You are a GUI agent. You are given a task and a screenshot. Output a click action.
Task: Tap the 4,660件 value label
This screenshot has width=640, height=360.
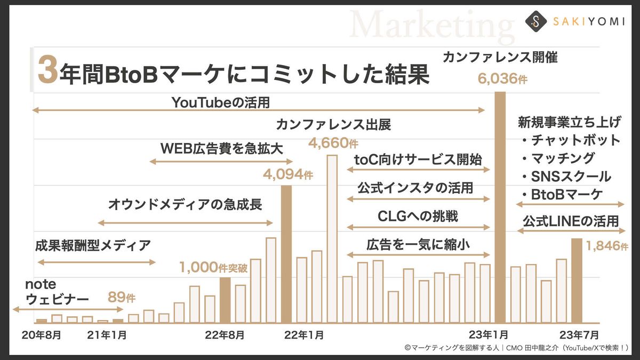pyautogui.click(x=334, y=143)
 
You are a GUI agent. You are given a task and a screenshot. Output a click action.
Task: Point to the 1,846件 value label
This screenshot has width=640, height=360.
pyautogui.click(x=607, y=246)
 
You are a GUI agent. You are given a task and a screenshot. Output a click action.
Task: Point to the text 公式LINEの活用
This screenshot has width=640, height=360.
pyautogui.click(x=571, y=220)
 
